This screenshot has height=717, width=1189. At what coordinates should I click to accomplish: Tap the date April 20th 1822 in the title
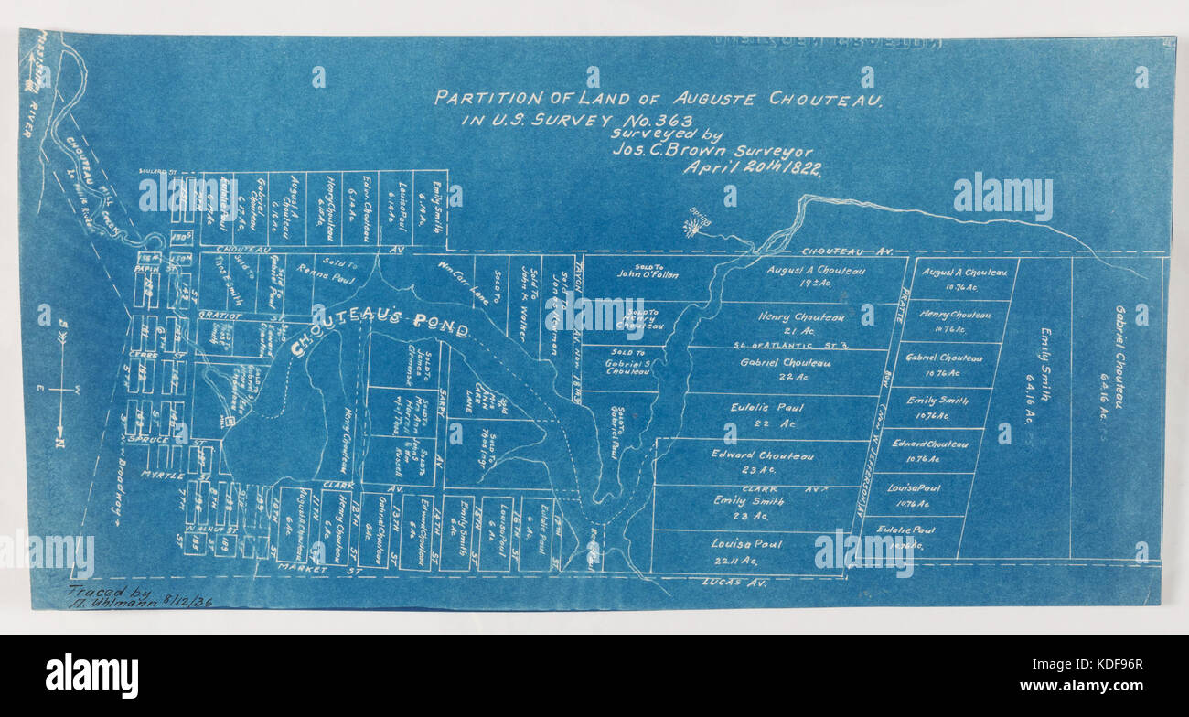point(751,168)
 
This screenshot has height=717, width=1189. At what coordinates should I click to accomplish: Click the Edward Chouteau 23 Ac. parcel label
point(762,461)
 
